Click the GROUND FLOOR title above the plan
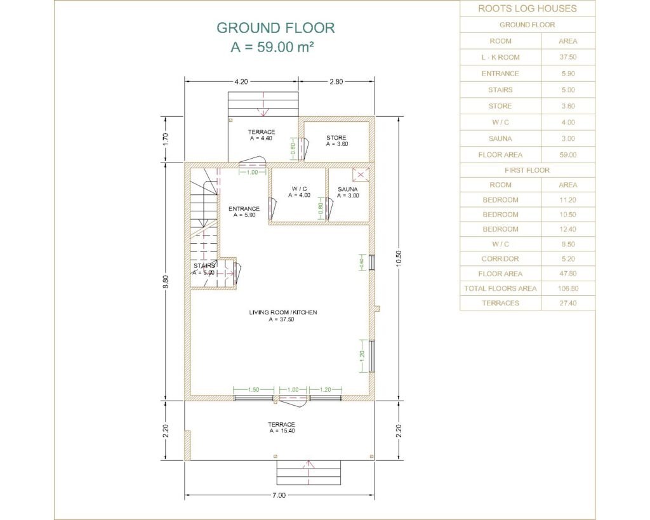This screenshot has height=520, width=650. tap(275, 28)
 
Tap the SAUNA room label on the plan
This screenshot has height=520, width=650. tap(348, 189)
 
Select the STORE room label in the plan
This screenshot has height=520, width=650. tap(336, 138)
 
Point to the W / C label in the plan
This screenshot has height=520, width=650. tap(300, 189)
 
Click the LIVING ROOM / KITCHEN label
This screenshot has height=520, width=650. tap(283, 312)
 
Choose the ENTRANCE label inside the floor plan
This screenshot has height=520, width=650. tap(244, 209)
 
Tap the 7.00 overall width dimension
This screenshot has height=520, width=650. tap(279, 495)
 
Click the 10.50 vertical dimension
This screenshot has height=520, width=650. tap(399, 258)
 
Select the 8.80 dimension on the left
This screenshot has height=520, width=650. tap(166, 282)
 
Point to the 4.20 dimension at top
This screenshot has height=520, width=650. tap(241, 82)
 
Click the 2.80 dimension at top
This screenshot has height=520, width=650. tap(336, 82)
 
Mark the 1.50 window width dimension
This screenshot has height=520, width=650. tap(254, 390)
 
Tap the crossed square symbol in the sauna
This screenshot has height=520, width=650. tap(361, 175)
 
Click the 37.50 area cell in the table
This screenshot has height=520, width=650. tap(568, 57)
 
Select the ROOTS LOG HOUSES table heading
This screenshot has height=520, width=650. tap(527, 8)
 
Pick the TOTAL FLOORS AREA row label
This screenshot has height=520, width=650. tap(500, 288)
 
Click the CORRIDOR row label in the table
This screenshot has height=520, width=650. tap(500, 259)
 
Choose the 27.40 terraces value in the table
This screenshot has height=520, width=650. tap(568, 303)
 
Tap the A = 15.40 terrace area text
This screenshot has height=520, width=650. tap(282, 431)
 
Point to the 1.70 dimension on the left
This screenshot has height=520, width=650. tap(166, 138)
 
